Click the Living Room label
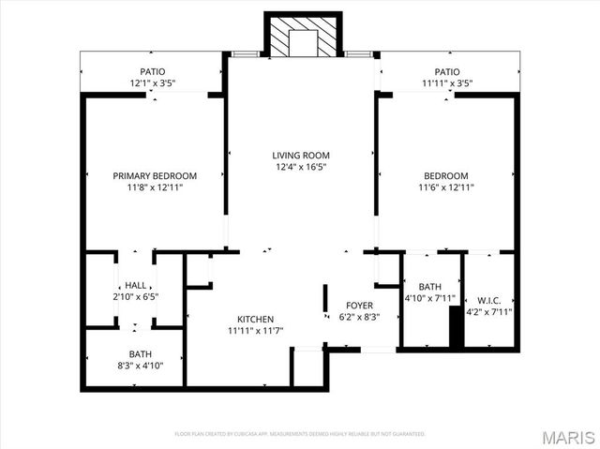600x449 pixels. pyautogui.click(x=301, y=156)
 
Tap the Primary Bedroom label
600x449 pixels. pyautogui.click(x=155, y=175)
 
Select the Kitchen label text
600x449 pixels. pyautogui.click(x=255, y=319)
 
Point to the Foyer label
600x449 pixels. pyautogui.click(x=360, y=306)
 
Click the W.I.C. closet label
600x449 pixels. pyautogui.click(x=489, y=300)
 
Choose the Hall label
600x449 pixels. pyautogui.click(x=135, y=286)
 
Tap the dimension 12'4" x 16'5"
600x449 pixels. pyautogui.click(x=301, y=168)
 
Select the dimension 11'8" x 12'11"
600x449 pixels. pyautogui.click(x=155, y=187)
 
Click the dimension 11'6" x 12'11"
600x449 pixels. pyautogui.click(x=445, y=187)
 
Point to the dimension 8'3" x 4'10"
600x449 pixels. pyautogui.click(x=141, y=366)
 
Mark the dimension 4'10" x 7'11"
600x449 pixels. pyautogui.click(x=430, y=299)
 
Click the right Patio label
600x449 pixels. pyautogui.click(x=446, y=72)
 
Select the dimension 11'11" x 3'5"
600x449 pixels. pyautogui.click(x=446, y=83)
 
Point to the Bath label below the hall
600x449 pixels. pyautogui.click(x=141, y=354)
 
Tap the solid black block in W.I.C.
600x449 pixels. pyautogui.click(x=457, y=328)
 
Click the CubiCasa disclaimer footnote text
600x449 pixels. pyautogui.click(x=300, y=434)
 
